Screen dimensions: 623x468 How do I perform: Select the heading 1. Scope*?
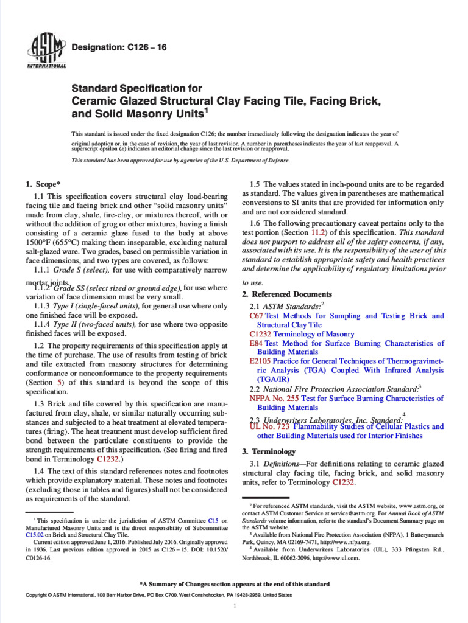tap(43, 184)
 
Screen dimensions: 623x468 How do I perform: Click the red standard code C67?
tap(256, 316)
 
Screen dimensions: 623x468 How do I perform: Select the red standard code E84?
tap(256, 343)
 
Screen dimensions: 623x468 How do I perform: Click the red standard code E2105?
tap(260, 361)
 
